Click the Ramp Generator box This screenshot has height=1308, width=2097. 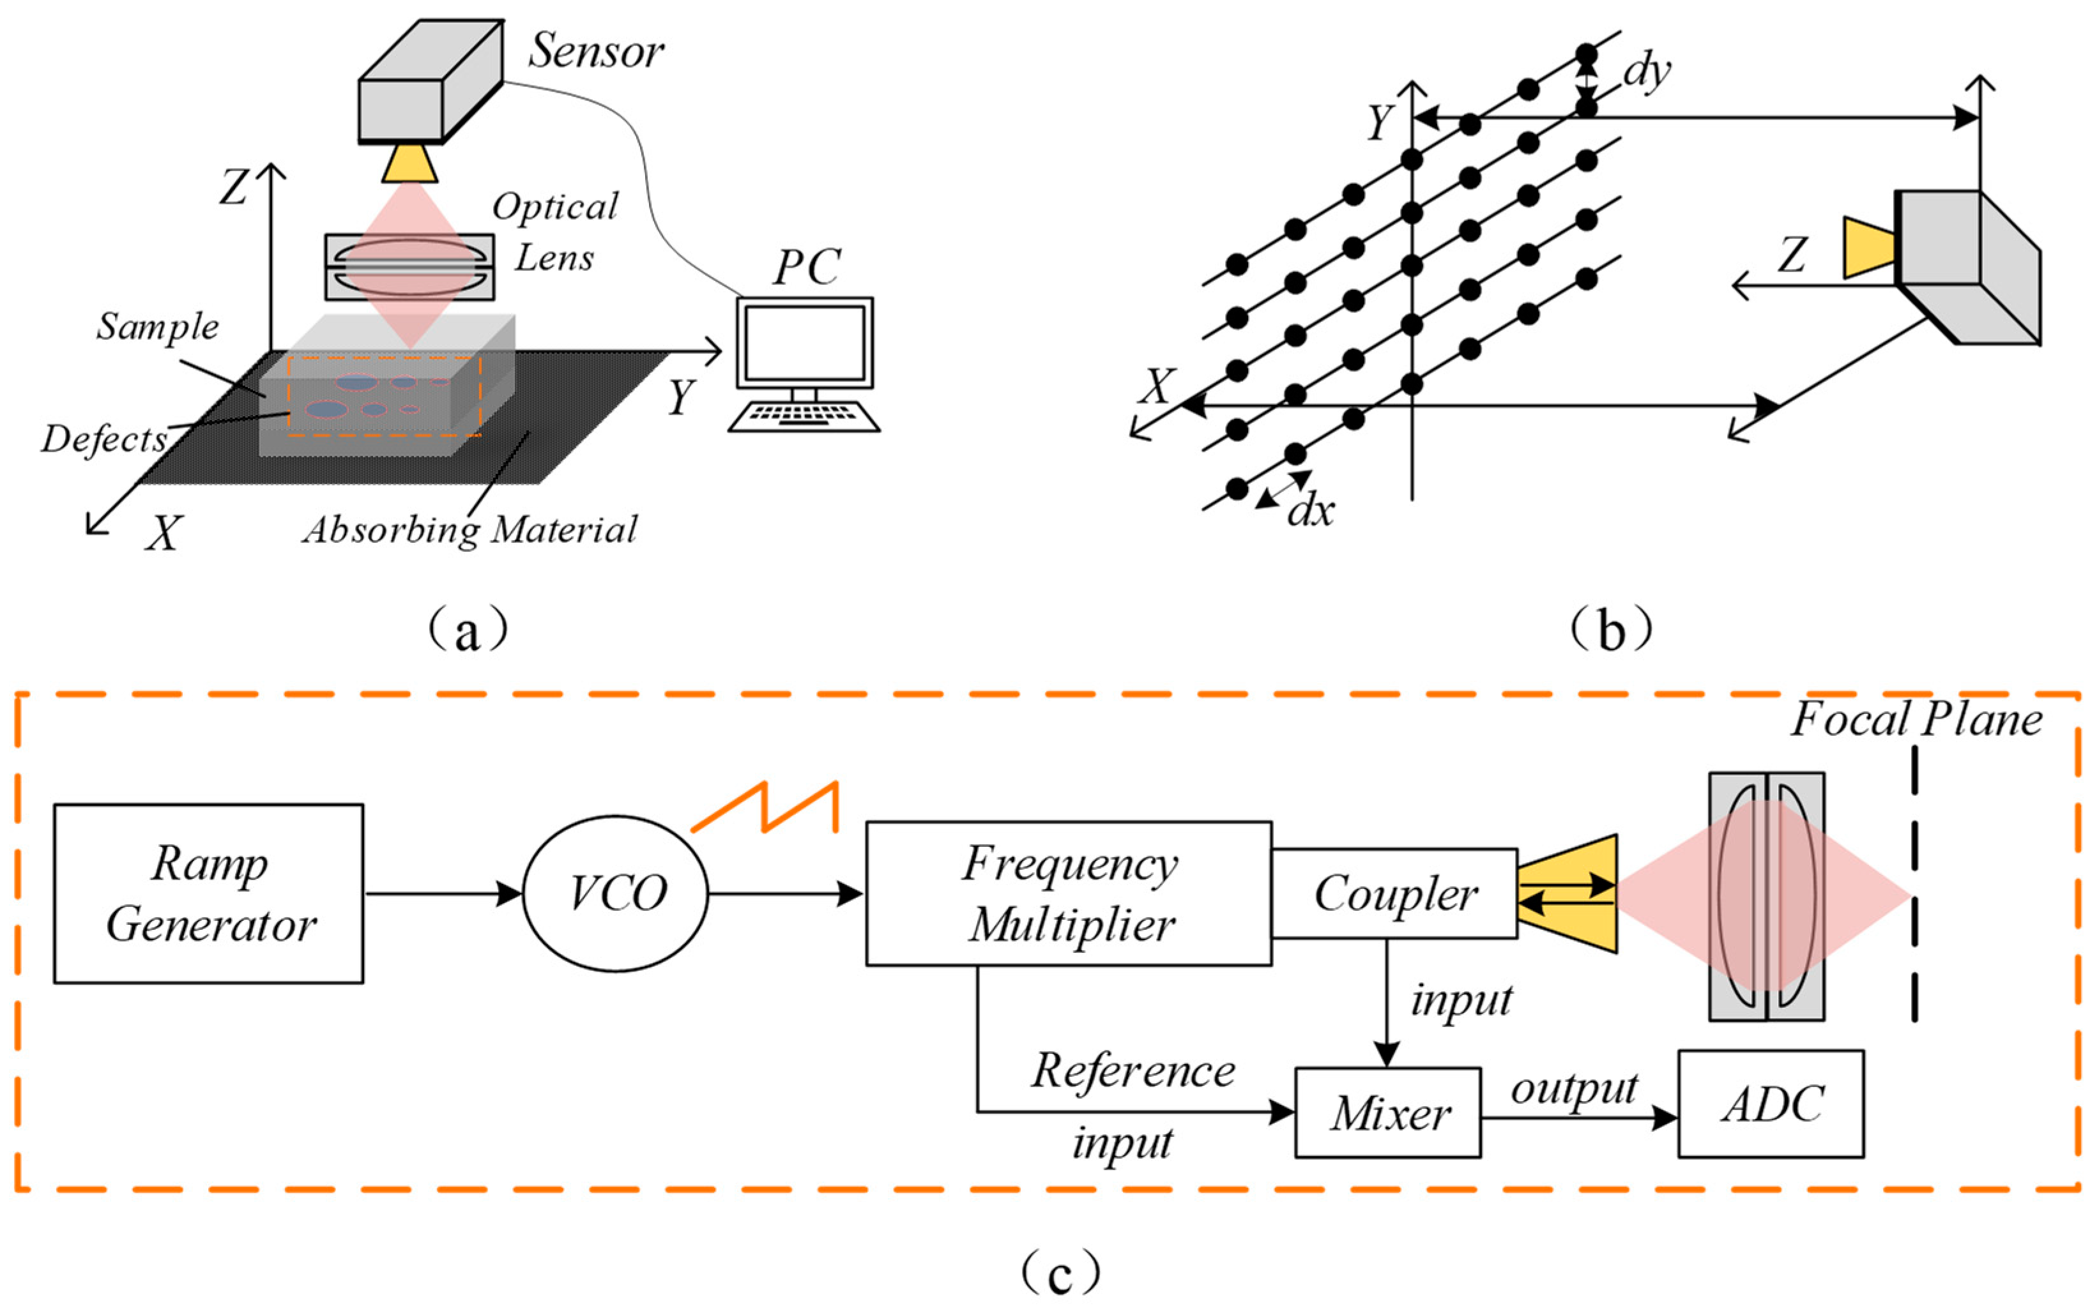click(208, 894)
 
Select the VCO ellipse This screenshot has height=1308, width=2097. click(616, 894)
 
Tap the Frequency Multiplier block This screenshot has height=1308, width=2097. click(1069, 894)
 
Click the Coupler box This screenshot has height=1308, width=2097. click(1394, 894)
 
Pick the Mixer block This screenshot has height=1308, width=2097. click(1387, 1113)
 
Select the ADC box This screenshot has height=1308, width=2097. click(1771, 1104)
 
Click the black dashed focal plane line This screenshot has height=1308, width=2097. click(1916, 883)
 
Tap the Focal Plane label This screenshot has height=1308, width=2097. click(1916, 720)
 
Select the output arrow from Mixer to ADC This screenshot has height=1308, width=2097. click(1579, 1118)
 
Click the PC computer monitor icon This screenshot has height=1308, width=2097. click(805, 344)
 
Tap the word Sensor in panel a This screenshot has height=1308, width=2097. click(595, 52)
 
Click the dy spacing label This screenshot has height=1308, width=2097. click(1646, 71)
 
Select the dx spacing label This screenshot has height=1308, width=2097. click(1311, 512)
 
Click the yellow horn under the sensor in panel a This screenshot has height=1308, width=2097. click(410, 163)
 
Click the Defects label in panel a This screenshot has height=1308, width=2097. click(104, 439)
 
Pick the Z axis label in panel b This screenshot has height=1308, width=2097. click(1791, 256)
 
